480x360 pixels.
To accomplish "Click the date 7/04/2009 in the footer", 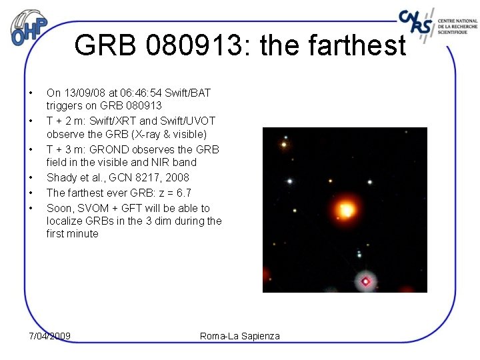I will tap(50, 335).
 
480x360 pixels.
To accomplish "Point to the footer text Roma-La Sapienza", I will tap(240, 335).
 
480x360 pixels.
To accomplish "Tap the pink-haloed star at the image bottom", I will tap(365, 281).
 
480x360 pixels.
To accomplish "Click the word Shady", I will tap(61, 177).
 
